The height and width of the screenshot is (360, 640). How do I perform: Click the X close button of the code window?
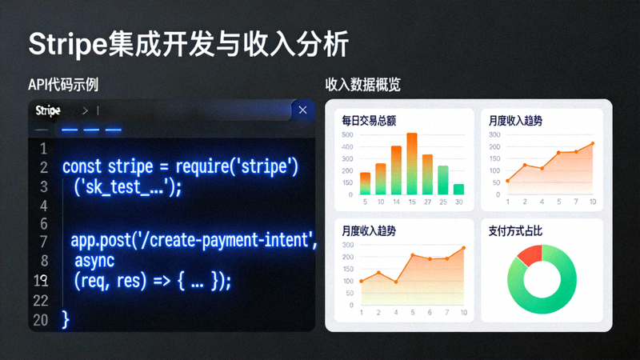(x=302, y=110)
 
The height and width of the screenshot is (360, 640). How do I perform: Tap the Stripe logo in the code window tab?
(x=48, y=110)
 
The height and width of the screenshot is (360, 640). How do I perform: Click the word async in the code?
(x=94, y=261)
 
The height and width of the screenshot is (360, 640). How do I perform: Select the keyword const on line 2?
(x=82, y=167)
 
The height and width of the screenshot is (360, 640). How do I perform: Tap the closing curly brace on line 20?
(x=66, y=319)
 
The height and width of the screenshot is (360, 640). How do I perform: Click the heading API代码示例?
(x=63, y=85)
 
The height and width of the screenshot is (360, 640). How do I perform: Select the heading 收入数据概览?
(x=362, y=85)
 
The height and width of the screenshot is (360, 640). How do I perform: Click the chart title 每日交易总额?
(x=369, y=121)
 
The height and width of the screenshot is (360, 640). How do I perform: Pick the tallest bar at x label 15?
(x=412, y=164)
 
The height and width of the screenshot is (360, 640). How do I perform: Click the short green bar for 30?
(x=458, y=190)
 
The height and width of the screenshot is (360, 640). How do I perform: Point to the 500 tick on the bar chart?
(x=347, y=135)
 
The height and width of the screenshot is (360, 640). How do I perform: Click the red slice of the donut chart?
(x=530, y=255)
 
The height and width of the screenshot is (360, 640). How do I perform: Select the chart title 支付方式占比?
(x=515, y=230)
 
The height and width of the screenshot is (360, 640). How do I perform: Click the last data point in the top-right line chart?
(x=593, y=144)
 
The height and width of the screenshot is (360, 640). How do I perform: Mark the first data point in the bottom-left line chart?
(x=361, y=281)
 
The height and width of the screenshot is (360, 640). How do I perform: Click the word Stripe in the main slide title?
(x=67, y=45)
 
